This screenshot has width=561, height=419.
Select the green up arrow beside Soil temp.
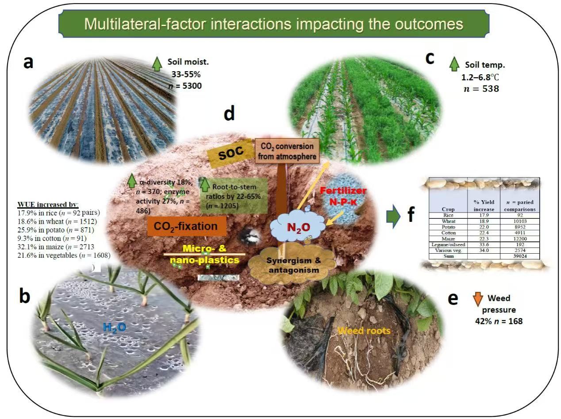tap(454, 64)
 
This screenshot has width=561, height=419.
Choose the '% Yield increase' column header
tap(484, 205)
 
